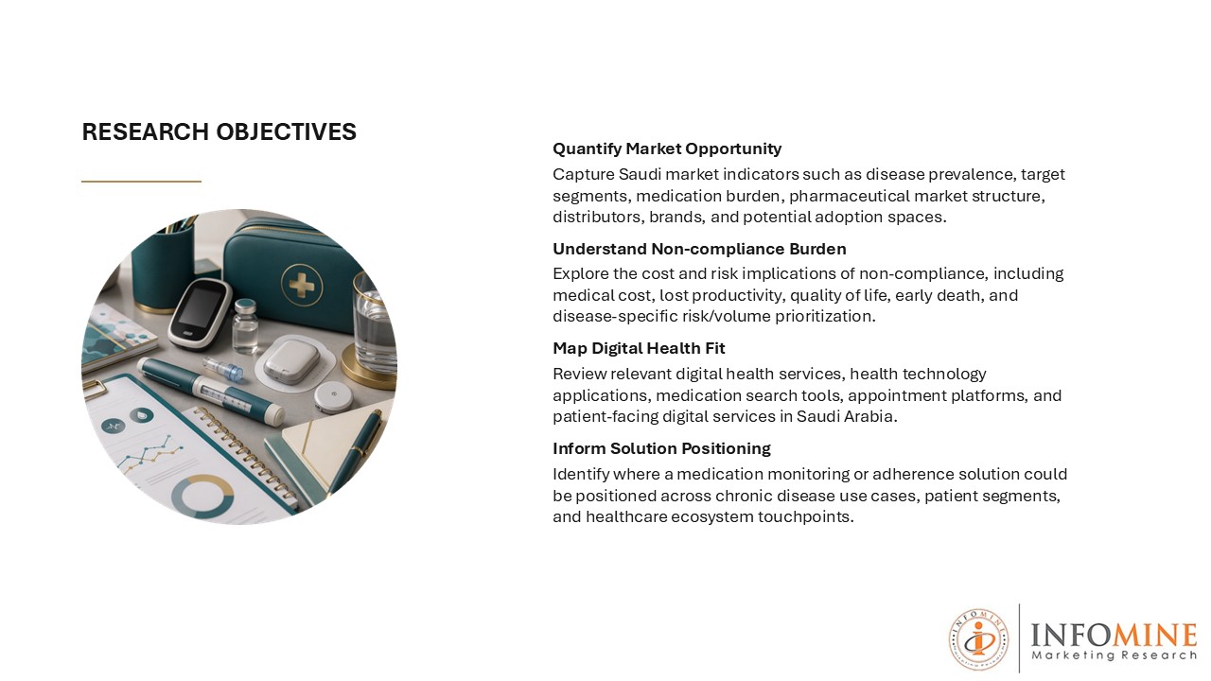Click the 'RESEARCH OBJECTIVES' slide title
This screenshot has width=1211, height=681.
click(x=219, y=131)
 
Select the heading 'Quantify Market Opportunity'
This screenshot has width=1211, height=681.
click(x=667, y=148)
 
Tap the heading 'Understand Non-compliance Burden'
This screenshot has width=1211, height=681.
click(x=699, y=249)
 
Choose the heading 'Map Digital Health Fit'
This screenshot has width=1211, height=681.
click(x=639, y=348)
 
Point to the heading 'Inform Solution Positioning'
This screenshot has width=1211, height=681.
click(x=661, y=448)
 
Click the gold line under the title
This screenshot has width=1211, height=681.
click(x=141, y=182)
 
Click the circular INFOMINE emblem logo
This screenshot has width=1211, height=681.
click(x=978, y=639)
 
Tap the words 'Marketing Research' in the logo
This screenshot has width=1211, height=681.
click(x=1114, y=655)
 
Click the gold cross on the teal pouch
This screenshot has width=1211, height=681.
click(x=302, y=285)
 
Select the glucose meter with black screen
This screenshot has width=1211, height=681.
click(x=199, y=313)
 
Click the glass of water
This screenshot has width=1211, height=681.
click(x=374, y=324)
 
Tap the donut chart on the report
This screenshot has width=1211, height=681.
click(x=202, y=497)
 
